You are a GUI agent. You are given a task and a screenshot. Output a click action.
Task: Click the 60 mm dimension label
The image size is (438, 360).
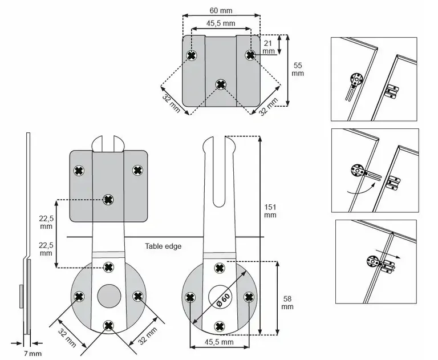tap(221, 11)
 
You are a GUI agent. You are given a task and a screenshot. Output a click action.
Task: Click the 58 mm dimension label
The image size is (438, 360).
tap(287, 302)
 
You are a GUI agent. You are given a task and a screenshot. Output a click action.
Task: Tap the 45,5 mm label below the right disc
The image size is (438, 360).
tap(219, 342)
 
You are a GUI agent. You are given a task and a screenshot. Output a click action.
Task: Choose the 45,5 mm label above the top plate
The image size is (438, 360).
tap(221, 23)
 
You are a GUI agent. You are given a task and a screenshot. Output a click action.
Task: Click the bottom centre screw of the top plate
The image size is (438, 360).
tap(221, 85)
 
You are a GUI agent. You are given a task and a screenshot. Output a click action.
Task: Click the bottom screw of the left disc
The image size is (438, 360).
tap(108, 325)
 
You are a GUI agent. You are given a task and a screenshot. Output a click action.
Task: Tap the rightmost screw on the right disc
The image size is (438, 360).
tap(249, 297)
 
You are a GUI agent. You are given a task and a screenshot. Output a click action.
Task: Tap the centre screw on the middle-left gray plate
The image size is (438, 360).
tap(108, 200)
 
